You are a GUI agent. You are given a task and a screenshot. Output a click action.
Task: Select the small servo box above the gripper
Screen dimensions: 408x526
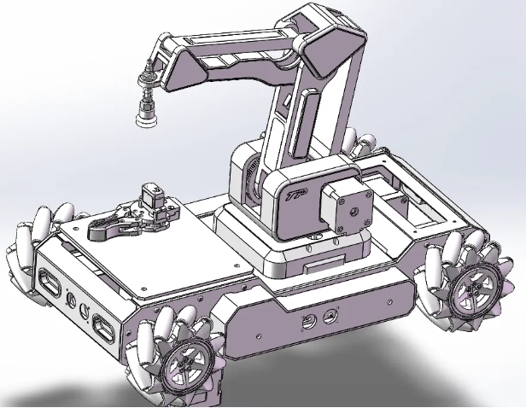tap(155, 194)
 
